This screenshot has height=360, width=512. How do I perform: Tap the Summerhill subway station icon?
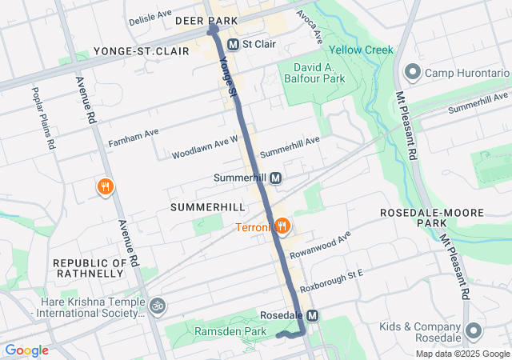point(275,178)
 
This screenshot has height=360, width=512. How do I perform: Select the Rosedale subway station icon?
point(312,316)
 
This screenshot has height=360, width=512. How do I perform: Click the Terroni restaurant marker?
point(281,226)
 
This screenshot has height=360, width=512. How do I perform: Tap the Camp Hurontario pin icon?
point(413,73)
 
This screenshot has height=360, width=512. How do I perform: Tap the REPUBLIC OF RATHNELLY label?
point(90,269)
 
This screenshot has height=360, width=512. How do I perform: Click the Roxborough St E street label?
point(331,280)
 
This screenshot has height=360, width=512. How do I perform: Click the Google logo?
point(27,350)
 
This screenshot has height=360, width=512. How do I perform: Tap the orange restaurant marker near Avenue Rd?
point(105,187)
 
